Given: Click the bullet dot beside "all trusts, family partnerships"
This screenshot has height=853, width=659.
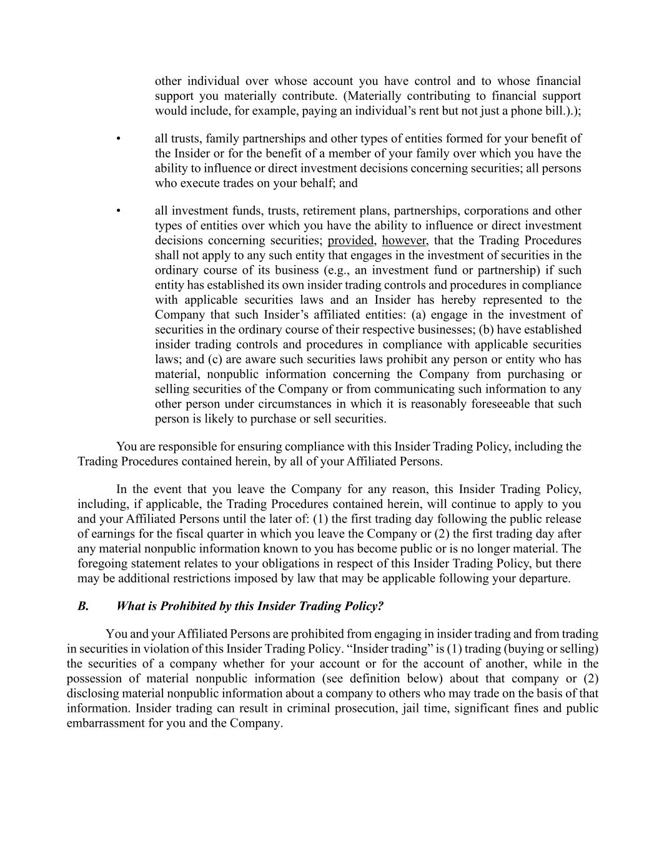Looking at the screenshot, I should tap(118, 139).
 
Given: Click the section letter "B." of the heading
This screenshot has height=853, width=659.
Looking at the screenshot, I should tap(83, 606).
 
